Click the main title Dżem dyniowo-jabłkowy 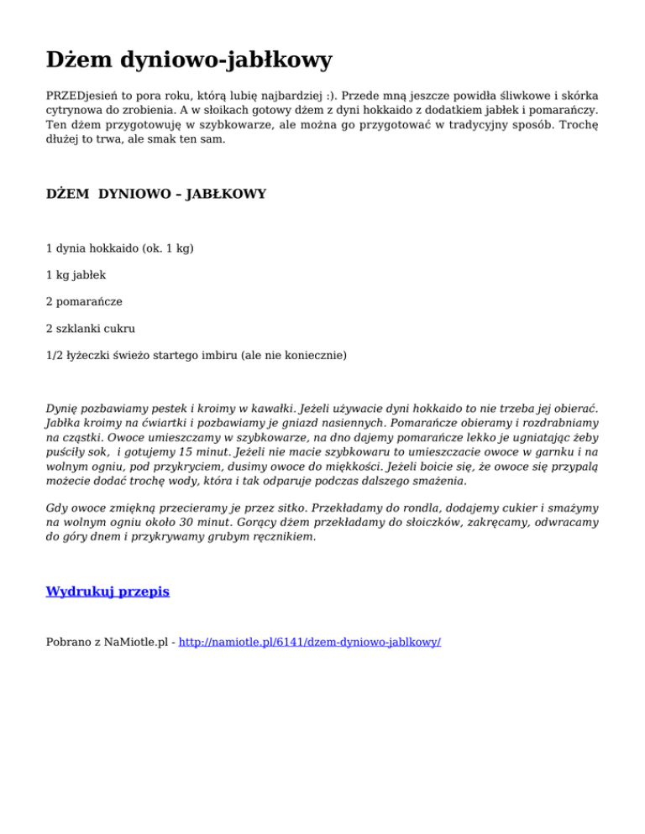189,60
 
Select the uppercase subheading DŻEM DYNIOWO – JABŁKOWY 156,194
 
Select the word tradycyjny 470,124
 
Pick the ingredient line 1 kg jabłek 76,274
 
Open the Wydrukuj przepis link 107,592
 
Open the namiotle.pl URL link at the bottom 309,642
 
